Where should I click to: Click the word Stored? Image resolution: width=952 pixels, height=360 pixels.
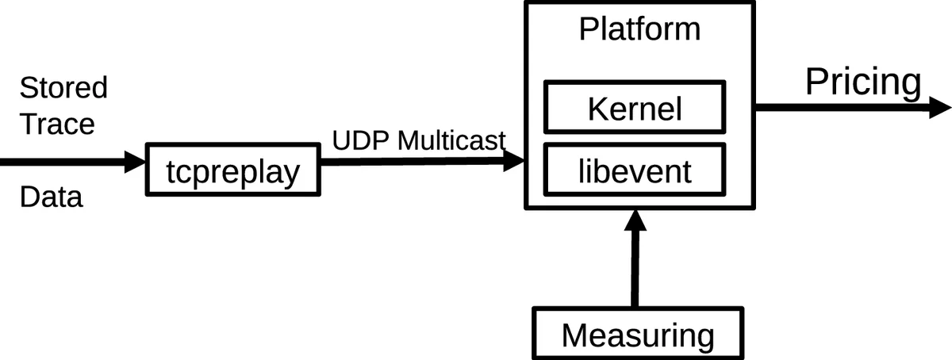pos(63,88)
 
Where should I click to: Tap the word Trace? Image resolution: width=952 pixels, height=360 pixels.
pos(56,124)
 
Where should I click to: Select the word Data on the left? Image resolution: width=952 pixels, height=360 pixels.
pos(51,197)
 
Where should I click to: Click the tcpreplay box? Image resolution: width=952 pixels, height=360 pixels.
pos(232,170)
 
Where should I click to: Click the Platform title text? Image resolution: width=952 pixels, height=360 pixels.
pos(639,30)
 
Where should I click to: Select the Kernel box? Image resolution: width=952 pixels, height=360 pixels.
pos(634,108)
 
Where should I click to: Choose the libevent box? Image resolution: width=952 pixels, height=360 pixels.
pos(634,170)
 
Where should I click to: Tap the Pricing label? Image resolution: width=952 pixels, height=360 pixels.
pos(863,82)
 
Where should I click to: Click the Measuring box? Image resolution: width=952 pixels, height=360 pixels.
pos(638,335)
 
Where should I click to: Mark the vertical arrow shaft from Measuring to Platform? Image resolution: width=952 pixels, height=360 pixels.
pos(635,270)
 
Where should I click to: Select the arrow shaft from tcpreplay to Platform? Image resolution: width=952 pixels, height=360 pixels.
pos(409,161)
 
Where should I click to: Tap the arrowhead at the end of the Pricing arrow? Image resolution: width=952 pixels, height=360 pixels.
pos(938,107)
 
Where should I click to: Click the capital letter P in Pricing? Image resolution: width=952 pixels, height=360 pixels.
pos(817,82)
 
